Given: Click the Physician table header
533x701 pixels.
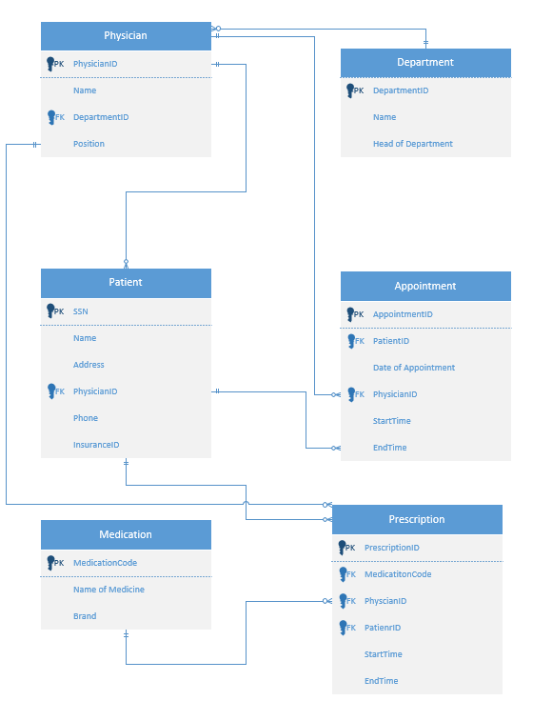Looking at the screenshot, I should tap(126, 36).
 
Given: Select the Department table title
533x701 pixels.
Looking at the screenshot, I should tap(425, 63).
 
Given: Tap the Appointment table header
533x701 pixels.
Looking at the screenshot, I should tap(425, 286).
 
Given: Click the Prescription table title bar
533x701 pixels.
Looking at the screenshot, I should tap(417, 520).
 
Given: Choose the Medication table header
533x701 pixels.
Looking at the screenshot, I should tap(126, 534).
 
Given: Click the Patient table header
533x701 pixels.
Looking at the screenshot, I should tap(126, 283).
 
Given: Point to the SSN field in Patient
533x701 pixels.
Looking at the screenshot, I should tap(81, 311).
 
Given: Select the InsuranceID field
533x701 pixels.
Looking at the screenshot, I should tap(96, 445).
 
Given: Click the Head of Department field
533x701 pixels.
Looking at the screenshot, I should tap(413, 144).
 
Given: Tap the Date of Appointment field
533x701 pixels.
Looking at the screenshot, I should tap(414, 368).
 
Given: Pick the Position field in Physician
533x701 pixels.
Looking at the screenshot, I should tap(89, 144).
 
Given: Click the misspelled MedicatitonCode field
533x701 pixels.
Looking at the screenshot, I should tap(398, 574).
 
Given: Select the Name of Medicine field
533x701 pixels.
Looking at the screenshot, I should tap(109, 590).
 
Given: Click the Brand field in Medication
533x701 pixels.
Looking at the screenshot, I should tap(85, 616).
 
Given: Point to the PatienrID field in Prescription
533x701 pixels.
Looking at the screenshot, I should tap(383, 628).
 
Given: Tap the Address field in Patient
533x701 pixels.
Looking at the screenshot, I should tap(89, 365).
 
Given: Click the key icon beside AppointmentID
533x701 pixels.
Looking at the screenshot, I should tap(351, 313).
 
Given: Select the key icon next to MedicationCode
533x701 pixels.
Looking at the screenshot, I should tap(51, 562).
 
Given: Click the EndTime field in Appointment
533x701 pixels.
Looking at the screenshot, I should tap(390, 448).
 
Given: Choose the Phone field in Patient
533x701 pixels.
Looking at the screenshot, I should tap(86, 418).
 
